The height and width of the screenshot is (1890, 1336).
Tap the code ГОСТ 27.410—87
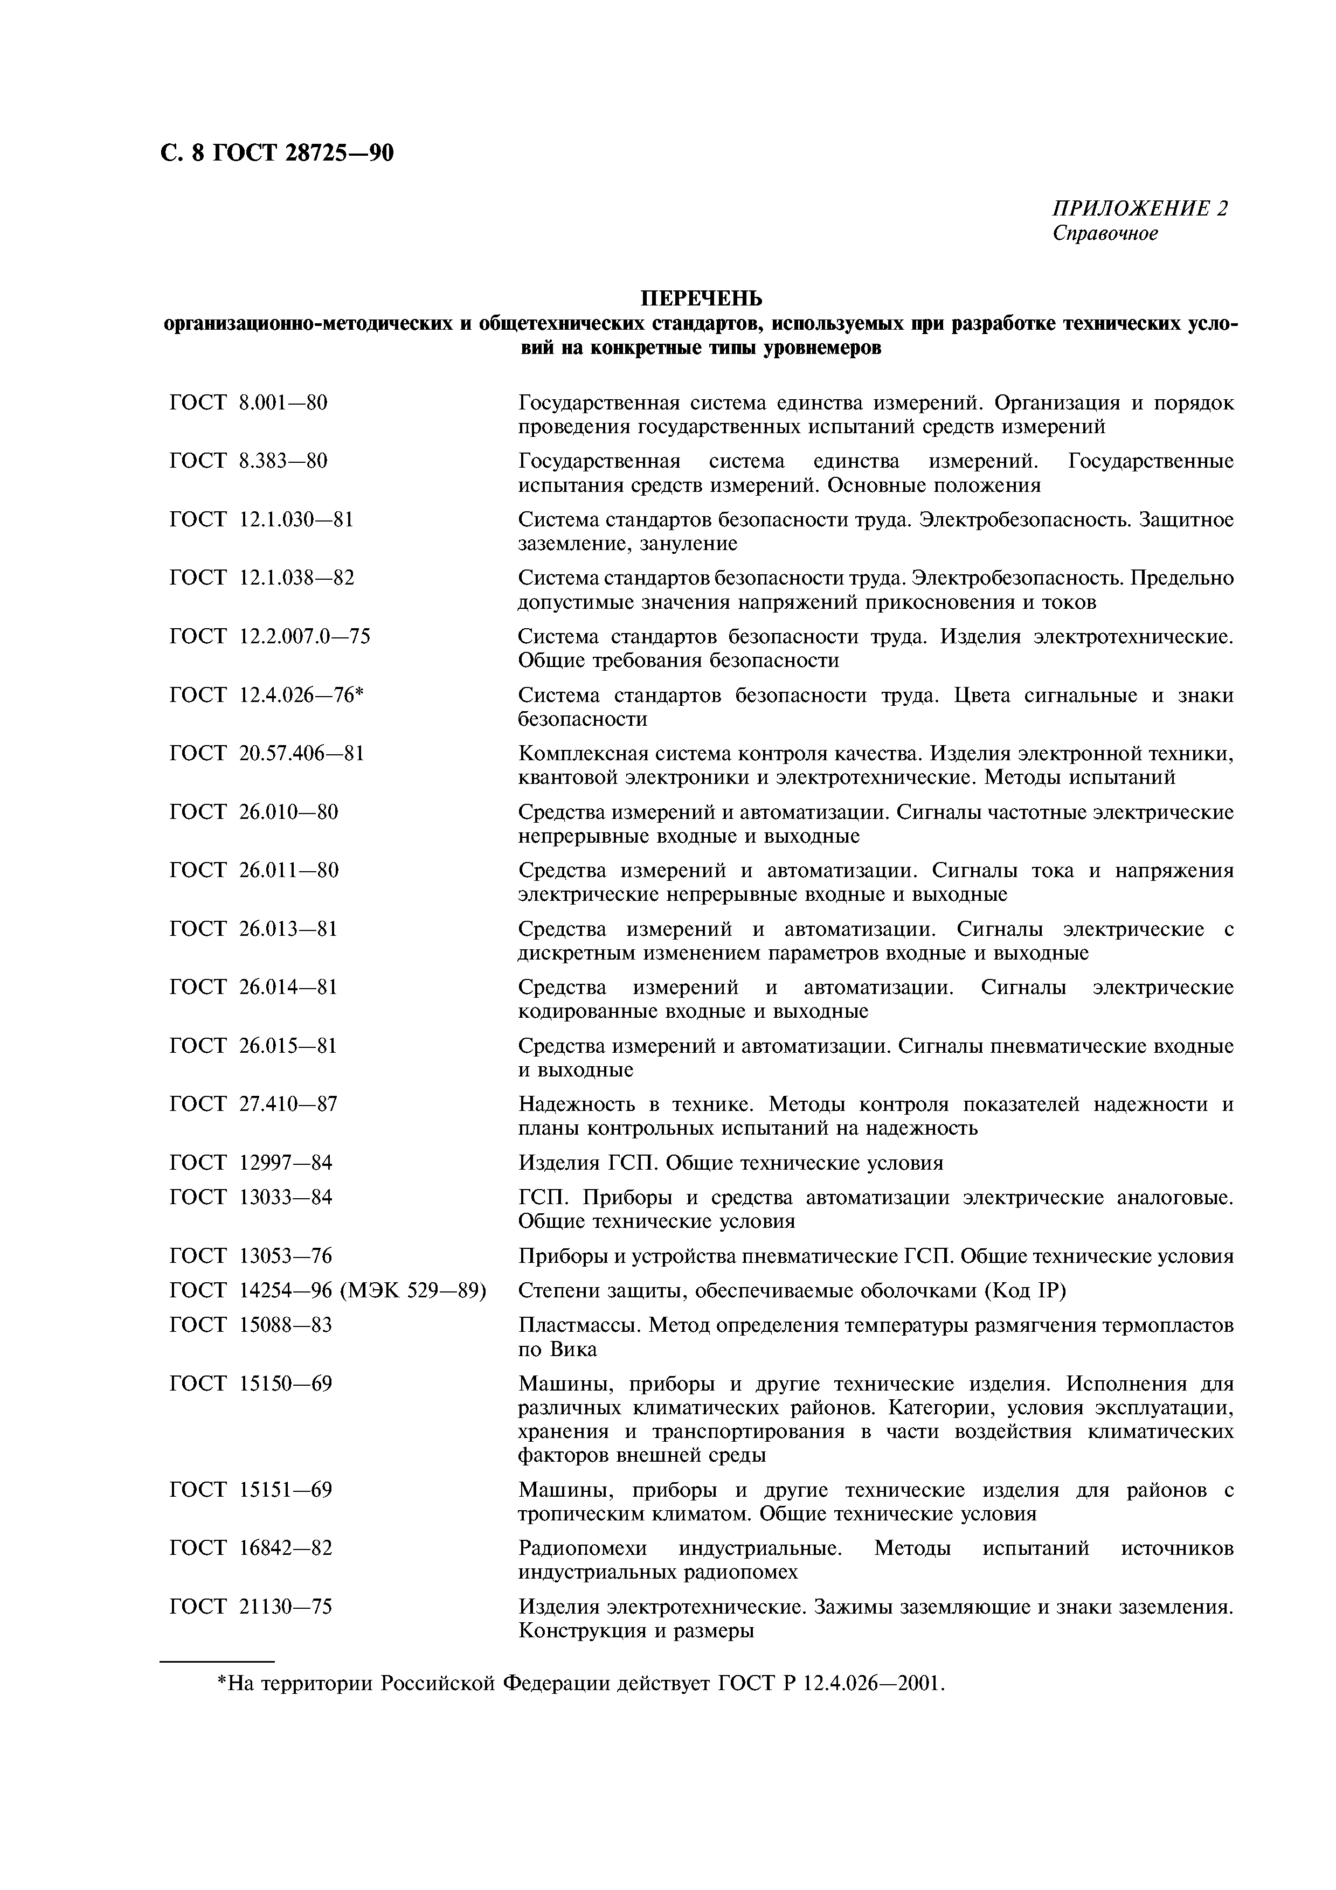click(253, 1104)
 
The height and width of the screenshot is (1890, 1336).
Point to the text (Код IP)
click(1024, 1291)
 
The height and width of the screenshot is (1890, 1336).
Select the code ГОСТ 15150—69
click(251, 1384)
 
